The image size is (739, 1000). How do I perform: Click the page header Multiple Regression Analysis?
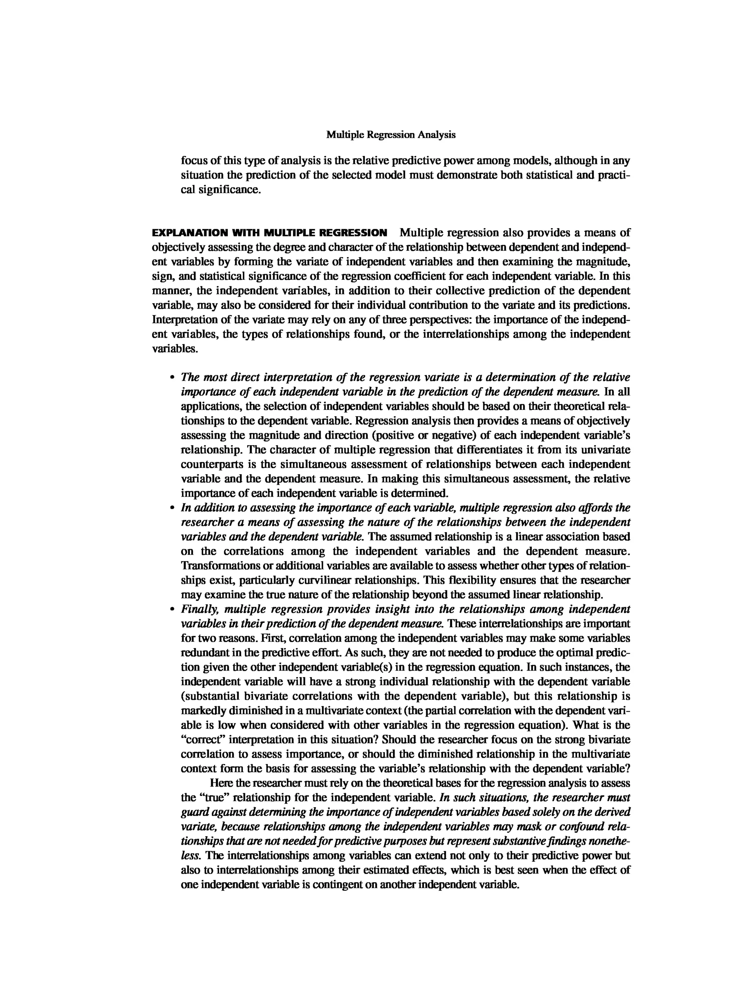pos(390,135)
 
